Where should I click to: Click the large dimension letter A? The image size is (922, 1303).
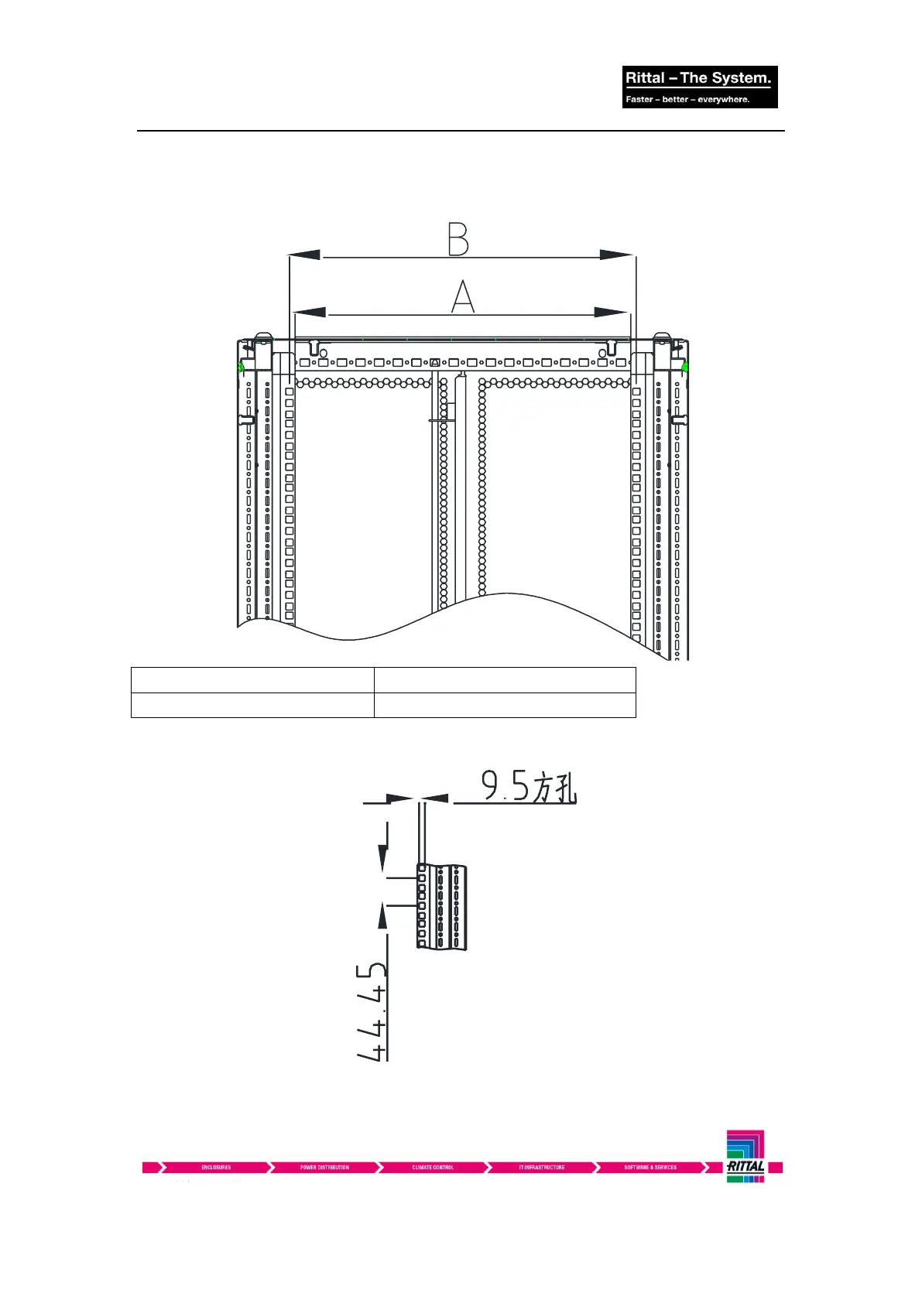click(462, 296)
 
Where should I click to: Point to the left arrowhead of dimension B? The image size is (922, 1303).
click(305, 255)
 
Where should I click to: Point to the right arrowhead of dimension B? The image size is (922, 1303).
click(617, 255)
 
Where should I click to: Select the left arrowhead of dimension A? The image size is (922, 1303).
click(310, 312)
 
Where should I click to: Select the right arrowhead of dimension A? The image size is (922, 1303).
click(611, 312)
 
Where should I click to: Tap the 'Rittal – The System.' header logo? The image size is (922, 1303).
click(698, 77)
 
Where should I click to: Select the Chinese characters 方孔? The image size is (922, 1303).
click(554, 787)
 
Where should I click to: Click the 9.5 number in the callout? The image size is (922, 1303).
click(505, 786)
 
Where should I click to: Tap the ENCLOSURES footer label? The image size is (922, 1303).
click(216, 1168)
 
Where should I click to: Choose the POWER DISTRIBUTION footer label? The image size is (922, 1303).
click(324, 1168)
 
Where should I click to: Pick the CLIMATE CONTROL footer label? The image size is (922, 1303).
click(433, 1168)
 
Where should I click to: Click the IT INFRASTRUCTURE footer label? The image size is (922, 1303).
click(541, 1168)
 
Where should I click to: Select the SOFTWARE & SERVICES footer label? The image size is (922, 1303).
click(650, 1168)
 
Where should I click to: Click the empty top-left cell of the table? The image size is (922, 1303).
click(252, 680)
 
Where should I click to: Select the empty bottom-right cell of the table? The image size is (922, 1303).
click(505, 705)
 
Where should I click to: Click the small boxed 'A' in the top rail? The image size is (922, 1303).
click(435, 362)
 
